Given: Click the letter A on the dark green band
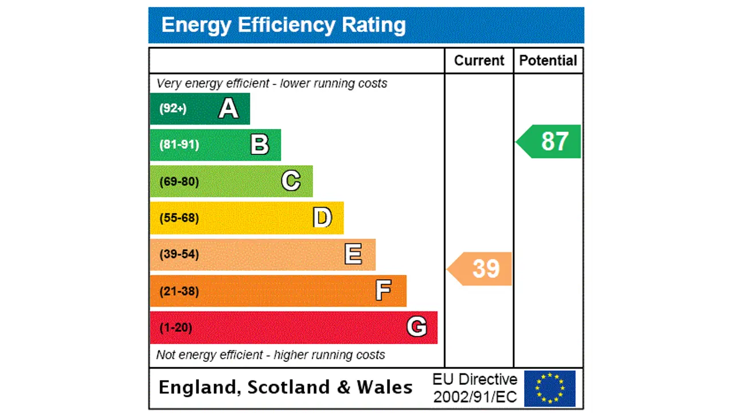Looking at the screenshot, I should (228, 108).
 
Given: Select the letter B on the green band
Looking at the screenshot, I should (260, 145).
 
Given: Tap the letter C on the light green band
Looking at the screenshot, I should (291, 181).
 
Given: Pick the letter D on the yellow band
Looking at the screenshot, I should (322, 218).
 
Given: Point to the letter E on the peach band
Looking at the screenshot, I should (353, 254).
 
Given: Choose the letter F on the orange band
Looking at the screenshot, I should (384, 291).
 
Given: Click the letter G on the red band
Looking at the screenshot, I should (417, 327).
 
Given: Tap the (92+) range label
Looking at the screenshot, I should (173, 108).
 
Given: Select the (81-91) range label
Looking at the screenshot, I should (179, 145).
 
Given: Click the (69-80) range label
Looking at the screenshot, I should (179, 182).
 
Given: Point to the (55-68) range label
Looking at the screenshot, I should (179, 218).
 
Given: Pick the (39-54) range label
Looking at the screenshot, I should (179, 254).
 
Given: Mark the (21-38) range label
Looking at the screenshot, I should (179, 291).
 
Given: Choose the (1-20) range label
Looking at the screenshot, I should (176, 328).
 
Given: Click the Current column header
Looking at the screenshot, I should (479, 61).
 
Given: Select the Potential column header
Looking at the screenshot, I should (548, 61).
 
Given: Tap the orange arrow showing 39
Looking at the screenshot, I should (481, 268).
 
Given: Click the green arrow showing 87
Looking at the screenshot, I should (549, 141).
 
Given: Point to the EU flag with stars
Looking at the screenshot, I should (549, 388).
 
